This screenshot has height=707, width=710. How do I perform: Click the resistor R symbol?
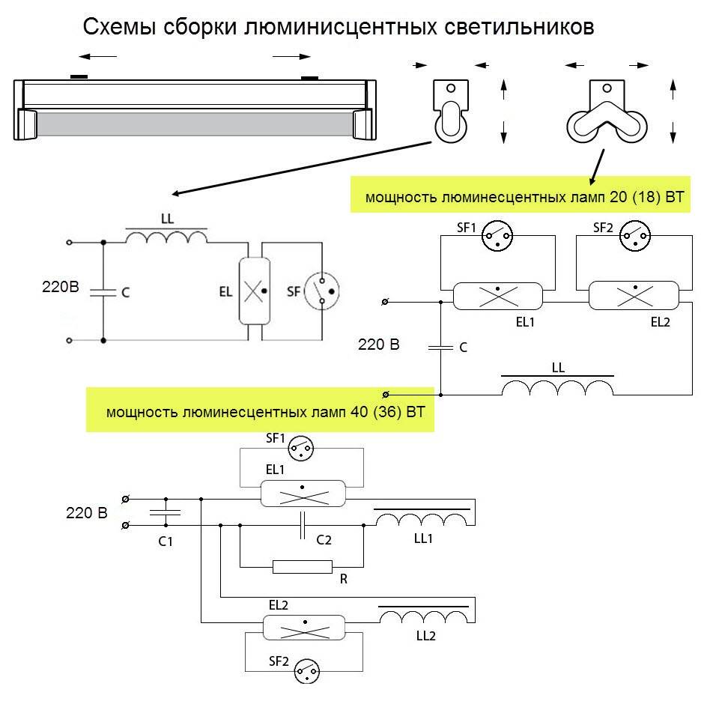pyautogui.click(x=303, y=567)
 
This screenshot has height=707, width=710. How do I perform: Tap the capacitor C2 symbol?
pyautogui.click(x=303, y=525)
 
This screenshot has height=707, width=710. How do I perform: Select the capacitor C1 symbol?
pyautogui.click(x=166, y=512)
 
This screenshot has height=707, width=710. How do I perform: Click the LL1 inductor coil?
pyautogui.click(x=422, y=518)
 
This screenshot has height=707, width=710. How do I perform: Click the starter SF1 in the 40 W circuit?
pyautogui.click(x=301, y=448)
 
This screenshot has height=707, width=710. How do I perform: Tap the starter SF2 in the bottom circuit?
pyautogui.click(x=307, y=671)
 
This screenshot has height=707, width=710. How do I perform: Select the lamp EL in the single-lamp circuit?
pyautogui.click(x=255, y=291)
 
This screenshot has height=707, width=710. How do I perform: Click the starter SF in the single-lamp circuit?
pyautogui.click(x=321, y=291)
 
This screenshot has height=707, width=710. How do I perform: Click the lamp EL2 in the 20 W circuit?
pyautogui.click(x=634, y=295)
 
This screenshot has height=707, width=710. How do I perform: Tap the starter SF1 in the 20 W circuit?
pyautogui.click(x=497, y=235)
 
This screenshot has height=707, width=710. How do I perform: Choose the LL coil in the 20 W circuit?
pyautogui.click(x=557, y=386)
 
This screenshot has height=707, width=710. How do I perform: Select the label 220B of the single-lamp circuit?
pyautogui.click(x=60, y=287)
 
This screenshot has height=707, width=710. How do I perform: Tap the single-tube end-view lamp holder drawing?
pyautogui.click(x=451, y=111)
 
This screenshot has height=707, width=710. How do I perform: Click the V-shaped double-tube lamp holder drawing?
pyautogui.click(x=607, y=111)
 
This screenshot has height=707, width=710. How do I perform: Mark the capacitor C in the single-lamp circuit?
pyautogui.click(x=103, y=291)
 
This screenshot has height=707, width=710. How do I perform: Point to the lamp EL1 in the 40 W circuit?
pyautogui.click(x=303, y=494)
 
